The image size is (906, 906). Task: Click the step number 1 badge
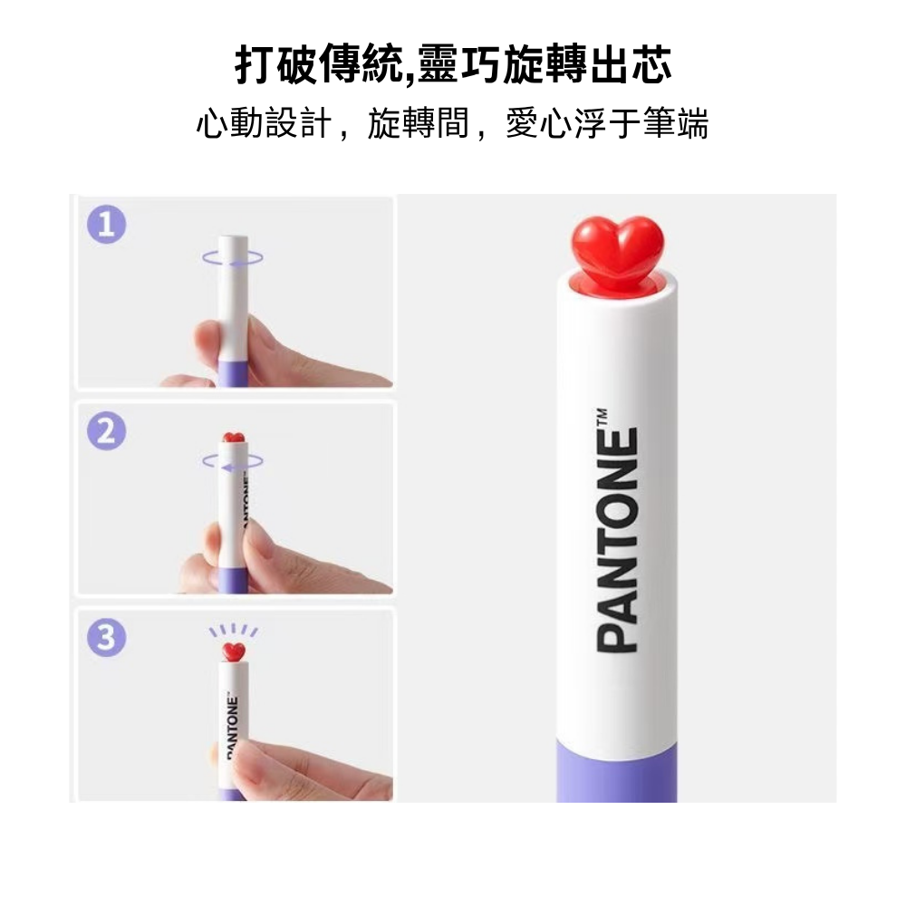107,226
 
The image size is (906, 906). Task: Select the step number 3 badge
107,639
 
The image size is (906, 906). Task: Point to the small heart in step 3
234,651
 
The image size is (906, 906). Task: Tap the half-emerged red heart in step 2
234,438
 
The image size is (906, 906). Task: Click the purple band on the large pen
616,770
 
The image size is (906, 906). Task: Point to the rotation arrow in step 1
234,258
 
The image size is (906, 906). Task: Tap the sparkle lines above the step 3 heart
234,630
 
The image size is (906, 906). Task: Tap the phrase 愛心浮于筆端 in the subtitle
606,124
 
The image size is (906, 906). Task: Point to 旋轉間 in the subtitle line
419,124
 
